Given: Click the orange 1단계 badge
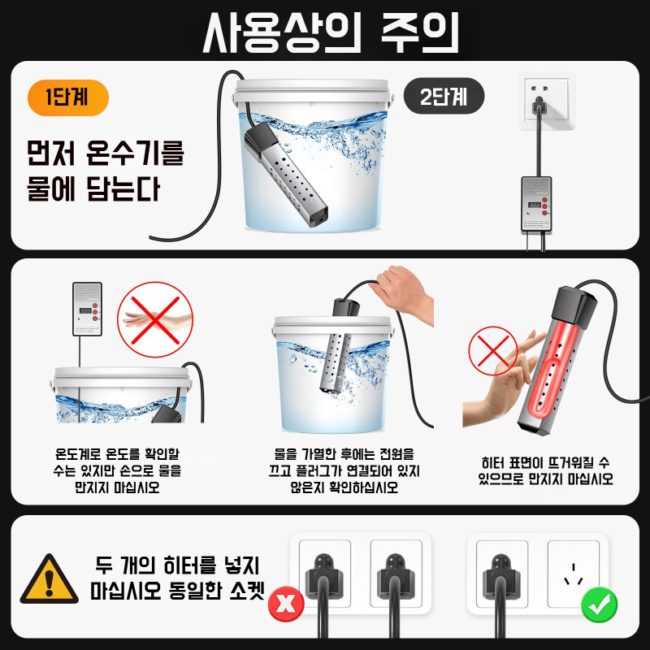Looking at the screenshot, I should click(68, 99).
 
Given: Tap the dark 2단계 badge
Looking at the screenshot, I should click(444, 98).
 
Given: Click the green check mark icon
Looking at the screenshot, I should click(600, 604).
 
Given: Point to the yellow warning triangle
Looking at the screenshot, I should click(50, 579).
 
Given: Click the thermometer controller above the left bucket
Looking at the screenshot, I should click(87, 309).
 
